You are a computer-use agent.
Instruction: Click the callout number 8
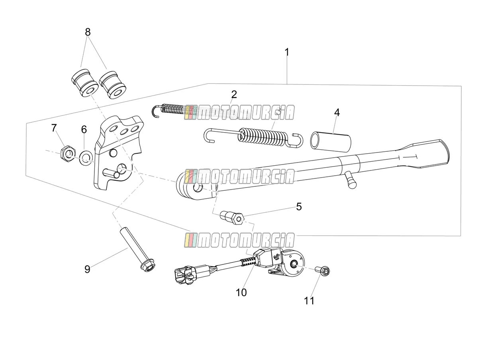[x=88, y=32]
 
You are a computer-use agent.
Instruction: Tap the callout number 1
[x=287, y=53]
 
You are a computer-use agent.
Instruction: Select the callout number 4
[x=337, y=113]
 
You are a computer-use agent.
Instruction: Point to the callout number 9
[x=87, y=269]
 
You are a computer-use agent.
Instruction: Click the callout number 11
[x=309, y=301]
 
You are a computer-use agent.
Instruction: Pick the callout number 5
[x=299, y=207]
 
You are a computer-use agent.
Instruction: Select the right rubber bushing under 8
[x=113, y=85]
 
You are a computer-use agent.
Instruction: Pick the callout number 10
[x=241, y=292]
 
